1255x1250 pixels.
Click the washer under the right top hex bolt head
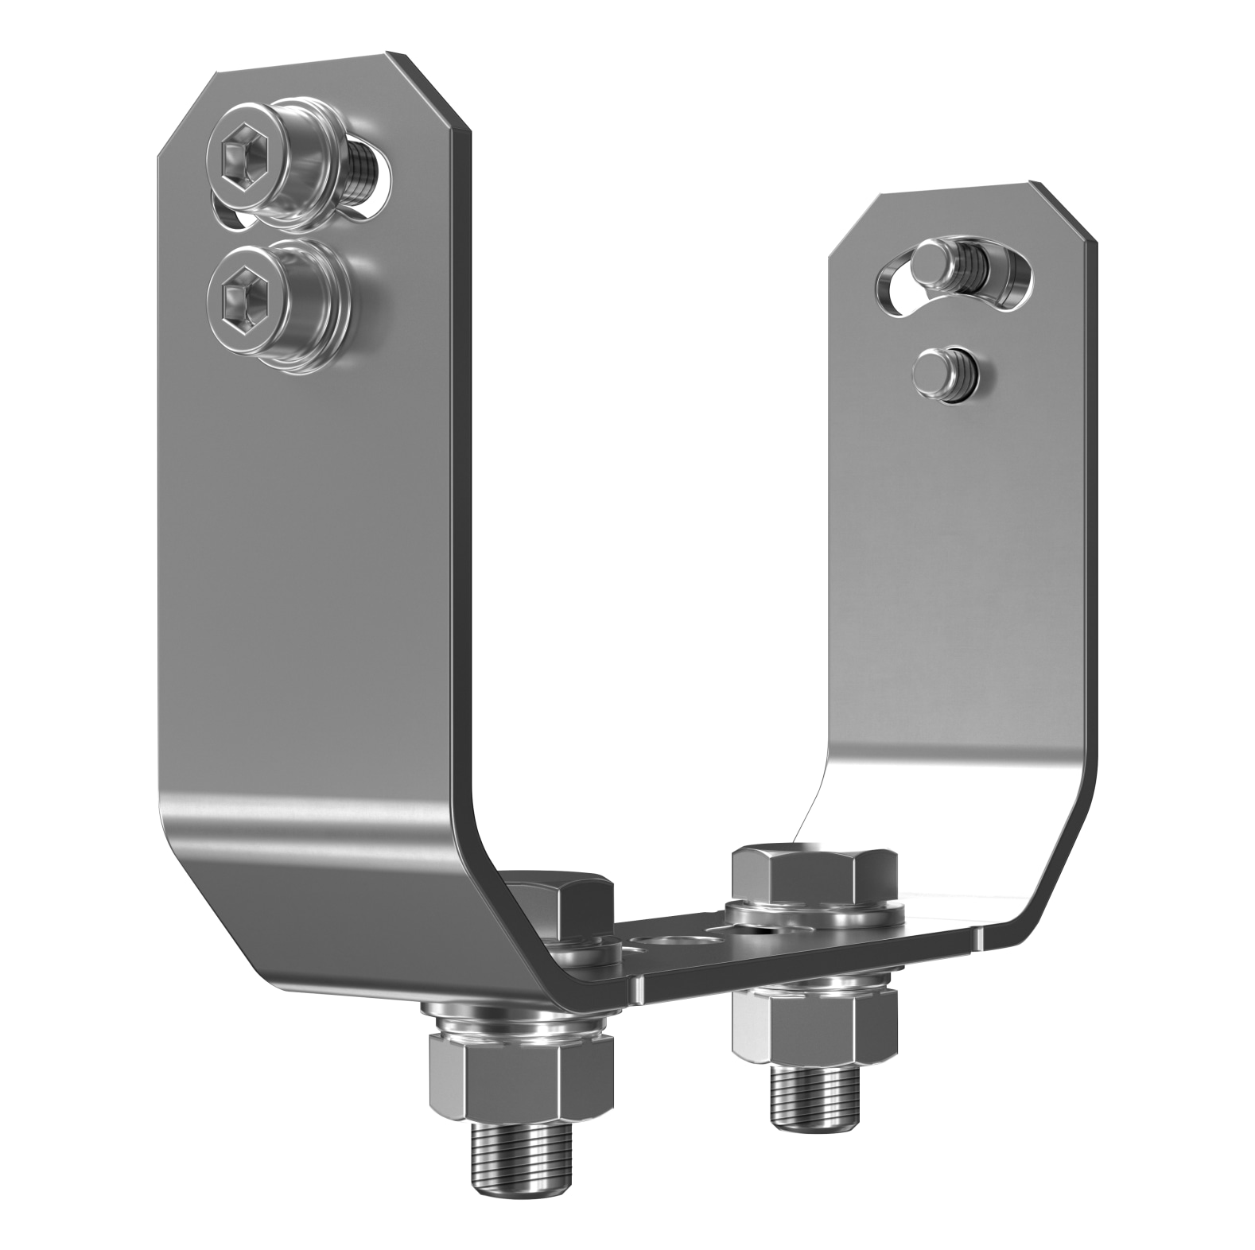815,914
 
